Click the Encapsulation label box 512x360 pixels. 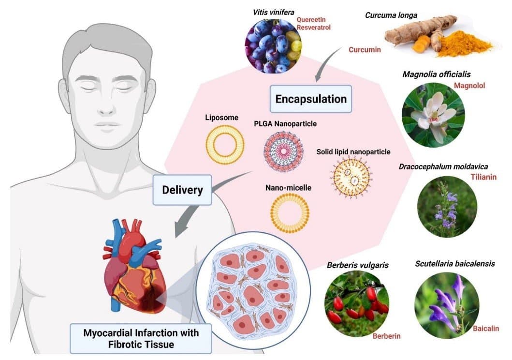(311, 99)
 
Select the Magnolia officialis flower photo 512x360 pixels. (434, 115)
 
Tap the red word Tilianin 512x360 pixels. (483, 177)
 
